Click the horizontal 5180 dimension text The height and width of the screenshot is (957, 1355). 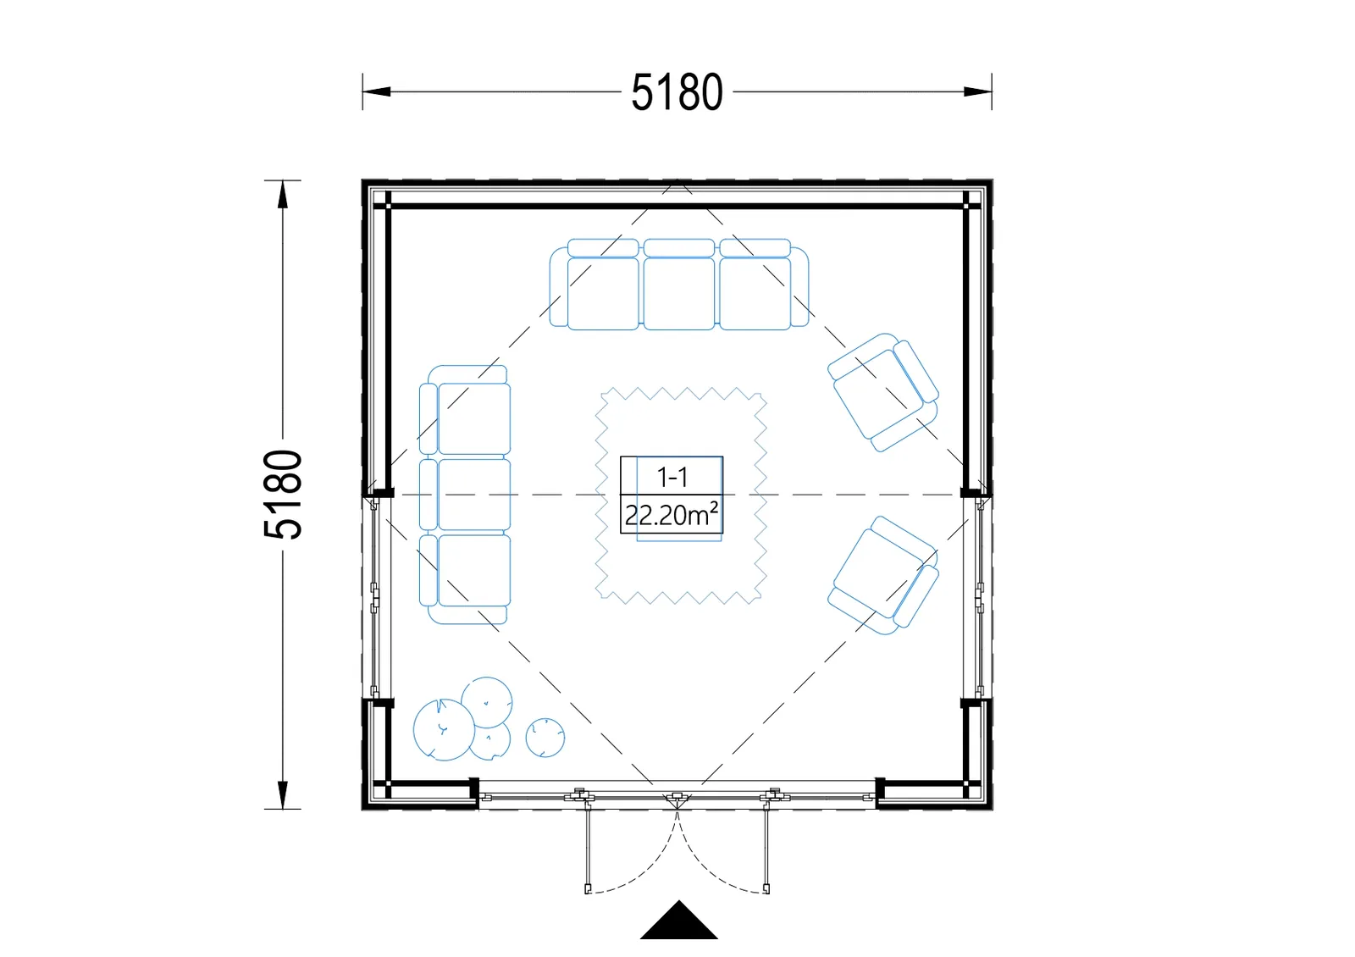(677, 92)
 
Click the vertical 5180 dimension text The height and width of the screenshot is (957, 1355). (283, 495)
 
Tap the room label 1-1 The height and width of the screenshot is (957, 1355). (672, 478)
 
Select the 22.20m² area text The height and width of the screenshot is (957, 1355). (672, 515)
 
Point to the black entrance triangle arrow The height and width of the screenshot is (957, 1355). (678, 922)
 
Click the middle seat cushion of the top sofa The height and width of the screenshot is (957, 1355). (678, 293)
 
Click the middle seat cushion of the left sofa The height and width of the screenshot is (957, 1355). (473, 495)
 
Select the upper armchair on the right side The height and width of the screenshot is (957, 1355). (883, 392)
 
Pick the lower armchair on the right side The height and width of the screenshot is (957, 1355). (883, 575)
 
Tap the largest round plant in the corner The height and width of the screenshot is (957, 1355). (444, 729)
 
